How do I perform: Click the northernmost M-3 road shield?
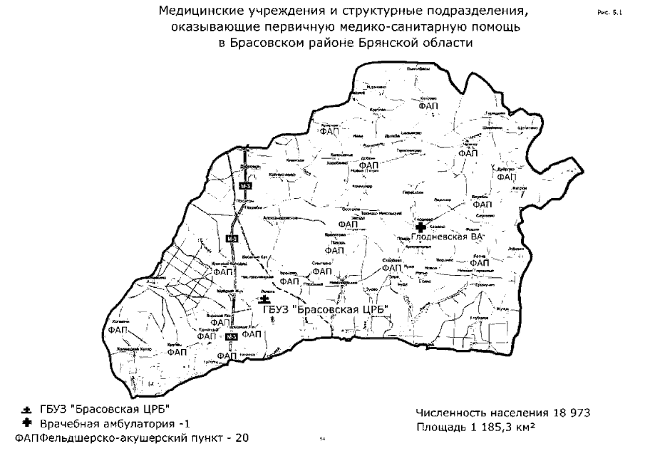(244, 186)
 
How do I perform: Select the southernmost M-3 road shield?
(230, 336)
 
